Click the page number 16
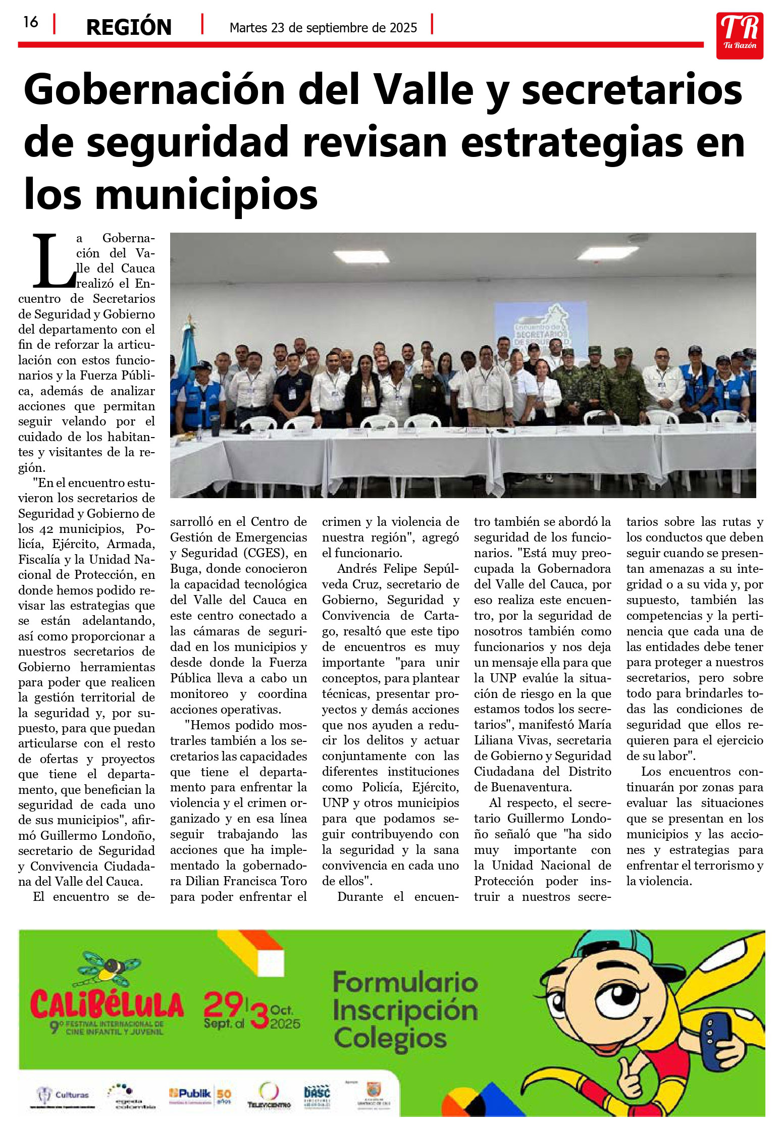coord(31,22)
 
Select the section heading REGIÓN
coord(129,27)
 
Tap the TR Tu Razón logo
coord(739,35)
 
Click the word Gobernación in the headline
coord(154,90)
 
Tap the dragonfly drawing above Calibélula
coord(108,967)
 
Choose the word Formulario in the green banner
coord(405,982)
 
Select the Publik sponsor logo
coord(189,1093)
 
